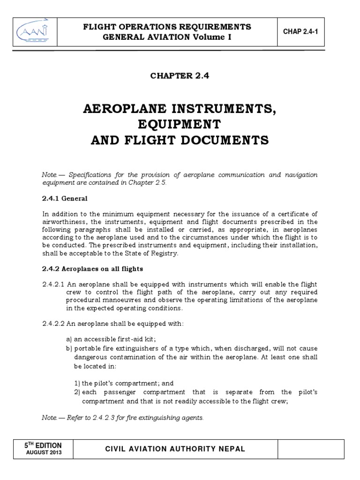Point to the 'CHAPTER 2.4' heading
pyautogui.click(x=180, y=76)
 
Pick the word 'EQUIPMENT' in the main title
pyautogui.click(x=180, y=125)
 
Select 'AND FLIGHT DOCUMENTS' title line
pyautogui.click(x=180, y=140)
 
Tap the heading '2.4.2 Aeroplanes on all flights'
pyautogui.click(x=92, y=269)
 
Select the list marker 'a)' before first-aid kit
pyautogui.click(x=69, y=339)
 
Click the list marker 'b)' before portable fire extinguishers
pyautogui.click(x=69, y=349)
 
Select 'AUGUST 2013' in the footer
pyautogui.click(x=43, y=453)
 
